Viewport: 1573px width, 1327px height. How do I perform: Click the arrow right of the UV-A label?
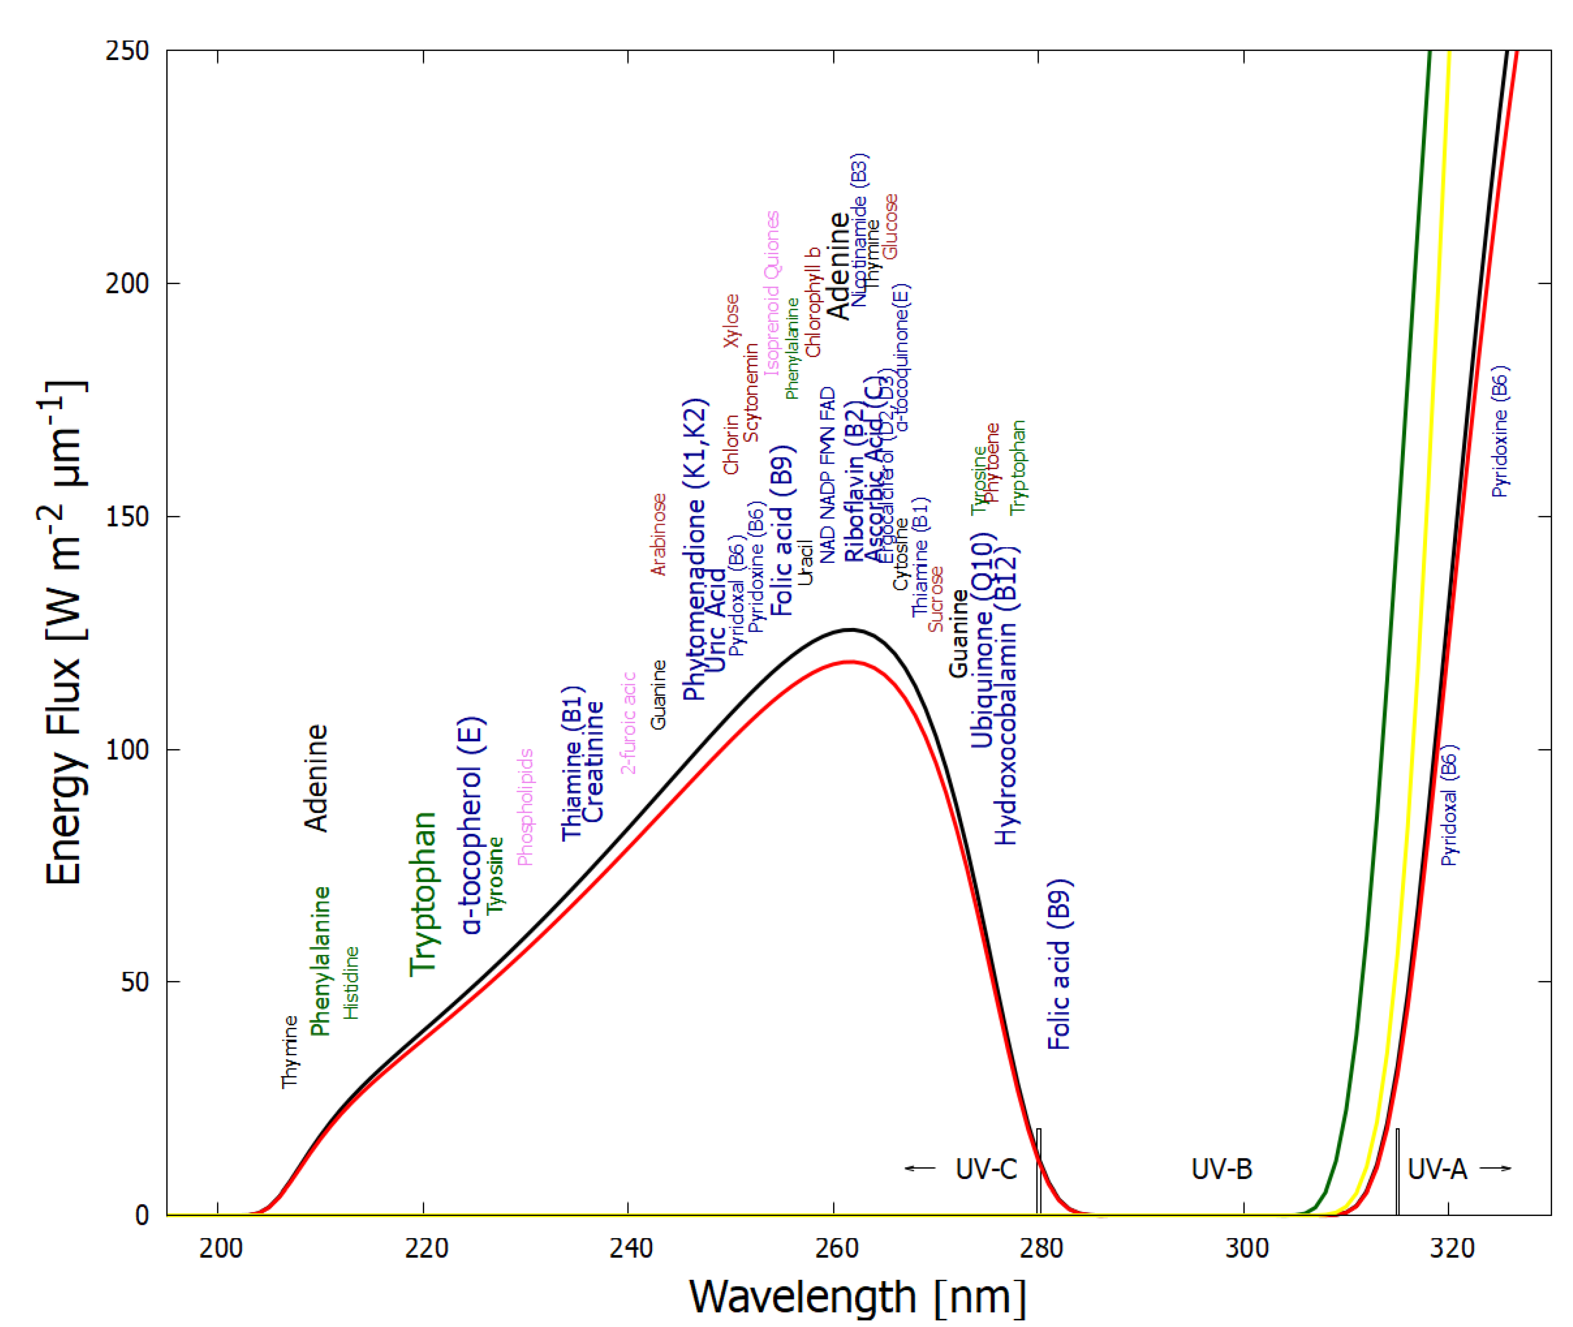pyautogui.click(x=1496, y=1168)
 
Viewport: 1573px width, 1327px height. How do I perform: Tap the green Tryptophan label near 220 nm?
pyautogui.click(x=423, y=894)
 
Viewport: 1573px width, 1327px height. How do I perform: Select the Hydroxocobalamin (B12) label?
pyautogui.click(x=1006, y=696)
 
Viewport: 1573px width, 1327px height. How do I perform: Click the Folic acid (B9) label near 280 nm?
pyautogui.click(x=1059, y=965)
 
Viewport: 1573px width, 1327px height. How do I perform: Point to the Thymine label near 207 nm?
pyautogui.click(x=290, y=1051)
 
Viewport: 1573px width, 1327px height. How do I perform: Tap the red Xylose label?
pyautogui.click(x=731, y=320)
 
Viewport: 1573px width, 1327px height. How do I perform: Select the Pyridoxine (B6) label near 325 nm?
pyautogui.click(x=1500, y=432)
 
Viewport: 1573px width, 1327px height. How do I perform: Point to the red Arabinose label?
pyautogui.click(x=659, y=534)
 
